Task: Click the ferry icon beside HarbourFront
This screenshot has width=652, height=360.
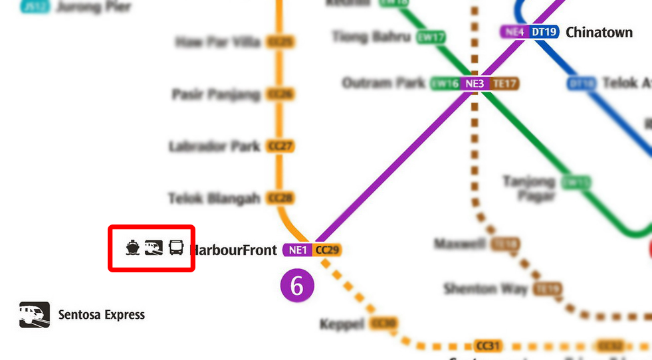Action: pos(133,248)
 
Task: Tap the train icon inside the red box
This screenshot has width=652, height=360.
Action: pos(154,248)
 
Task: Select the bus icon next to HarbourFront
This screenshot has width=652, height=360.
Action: pos(176,248)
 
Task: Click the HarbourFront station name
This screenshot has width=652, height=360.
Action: pos(234,250)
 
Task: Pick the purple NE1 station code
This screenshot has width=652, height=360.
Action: pos(297,250)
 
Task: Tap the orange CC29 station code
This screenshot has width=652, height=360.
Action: pos(327,250)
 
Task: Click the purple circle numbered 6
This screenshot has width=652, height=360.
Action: pos(296,286)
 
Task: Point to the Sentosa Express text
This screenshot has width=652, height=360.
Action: pos(101,315)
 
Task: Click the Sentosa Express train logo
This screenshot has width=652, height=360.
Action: pos(35,315)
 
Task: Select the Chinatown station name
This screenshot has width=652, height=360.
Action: pos(599,32)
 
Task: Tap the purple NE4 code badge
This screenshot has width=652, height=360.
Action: pos(515,32)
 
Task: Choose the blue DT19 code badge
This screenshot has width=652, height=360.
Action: pos(544,32)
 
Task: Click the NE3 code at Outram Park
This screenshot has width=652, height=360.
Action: pos(475,84)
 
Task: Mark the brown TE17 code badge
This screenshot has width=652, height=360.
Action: pos(504,84)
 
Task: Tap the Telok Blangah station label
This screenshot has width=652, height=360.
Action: pos(213,198)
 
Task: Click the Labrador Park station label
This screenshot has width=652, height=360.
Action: pos(214,146)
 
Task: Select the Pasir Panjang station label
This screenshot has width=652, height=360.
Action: pos(215,94)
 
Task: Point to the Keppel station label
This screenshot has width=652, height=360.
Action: pos(342,324)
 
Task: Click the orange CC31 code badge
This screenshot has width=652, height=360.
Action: pos(487,346)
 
